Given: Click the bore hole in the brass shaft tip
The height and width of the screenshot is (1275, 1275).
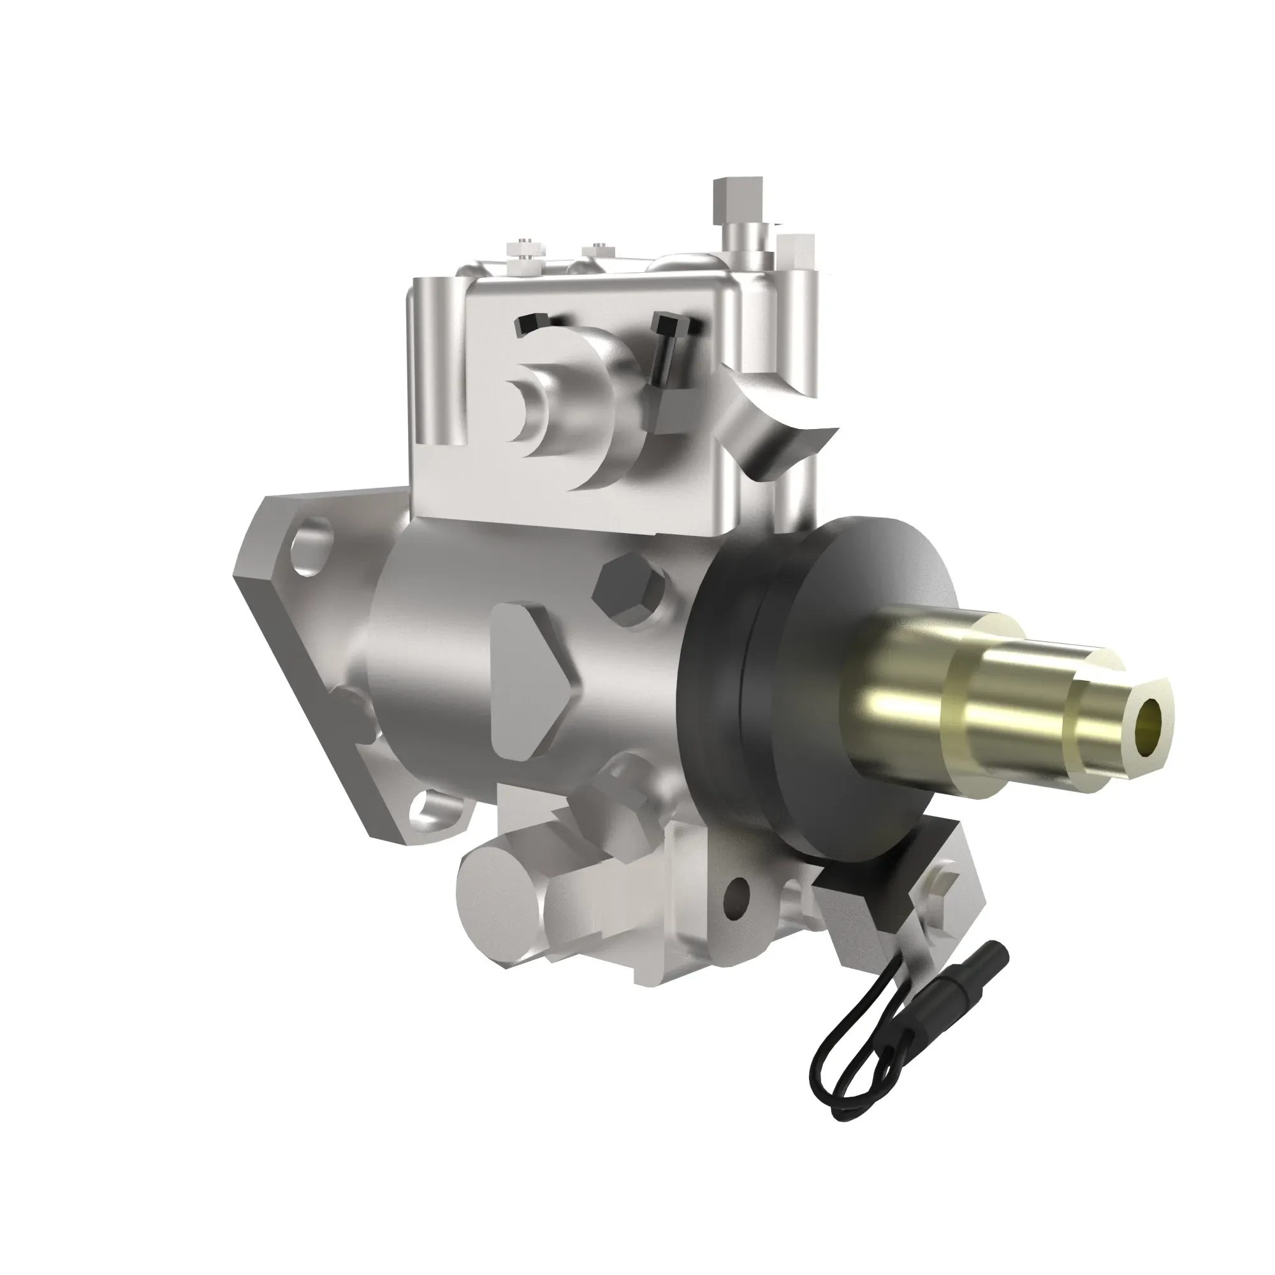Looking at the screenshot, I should coord(1151,716).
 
